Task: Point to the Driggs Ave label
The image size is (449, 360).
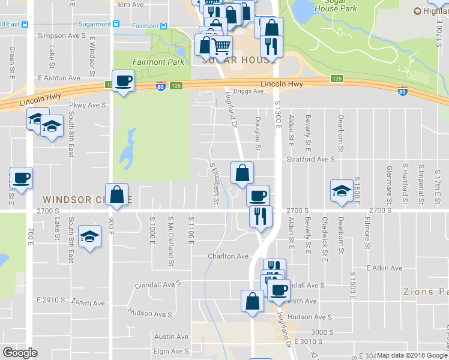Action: click(249, 91)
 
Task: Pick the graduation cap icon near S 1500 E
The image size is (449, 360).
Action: click(342, 191)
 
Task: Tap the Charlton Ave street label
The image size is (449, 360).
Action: click(228, 256)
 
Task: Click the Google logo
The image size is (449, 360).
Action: click(20, 352)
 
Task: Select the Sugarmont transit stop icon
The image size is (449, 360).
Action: click(116, 25)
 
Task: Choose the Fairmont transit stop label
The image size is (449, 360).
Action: click(144, 25)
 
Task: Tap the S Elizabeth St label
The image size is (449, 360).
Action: click(214, 176)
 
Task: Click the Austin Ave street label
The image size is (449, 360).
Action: click(171, 337)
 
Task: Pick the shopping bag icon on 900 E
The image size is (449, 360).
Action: click(117, 194)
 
